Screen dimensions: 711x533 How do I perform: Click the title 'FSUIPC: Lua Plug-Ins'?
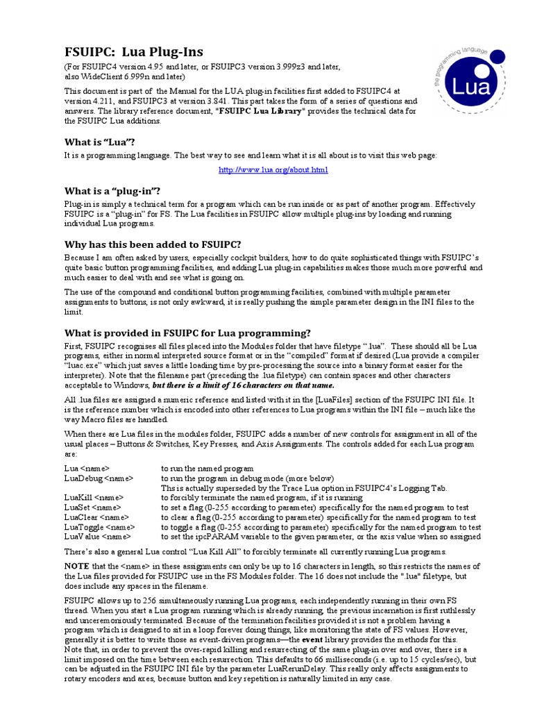(134, 52)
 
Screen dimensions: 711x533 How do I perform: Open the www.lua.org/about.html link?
(273, 169)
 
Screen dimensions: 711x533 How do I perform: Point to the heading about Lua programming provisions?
(187, 333)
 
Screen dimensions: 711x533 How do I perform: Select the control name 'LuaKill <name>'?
(94, 498)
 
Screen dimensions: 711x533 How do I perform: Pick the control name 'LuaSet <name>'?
(93, 508)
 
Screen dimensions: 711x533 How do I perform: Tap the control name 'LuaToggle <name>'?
(99, 527)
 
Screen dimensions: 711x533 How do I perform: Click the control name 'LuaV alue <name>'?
(97, 537)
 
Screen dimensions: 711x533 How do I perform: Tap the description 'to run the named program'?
(207, 469)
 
